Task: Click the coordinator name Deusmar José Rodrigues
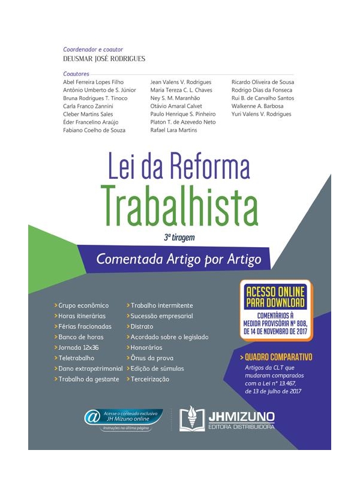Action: tap(104, 58)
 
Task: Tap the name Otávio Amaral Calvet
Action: tap(177, 106)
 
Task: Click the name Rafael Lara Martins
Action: tap(173, 130)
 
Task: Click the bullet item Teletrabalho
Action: tap(76, 358)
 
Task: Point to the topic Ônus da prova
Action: tap(150, 358)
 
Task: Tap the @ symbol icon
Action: tap(92, 418)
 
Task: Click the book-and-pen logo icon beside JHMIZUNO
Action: tap(192, 419)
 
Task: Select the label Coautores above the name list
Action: tap(76, 74)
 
